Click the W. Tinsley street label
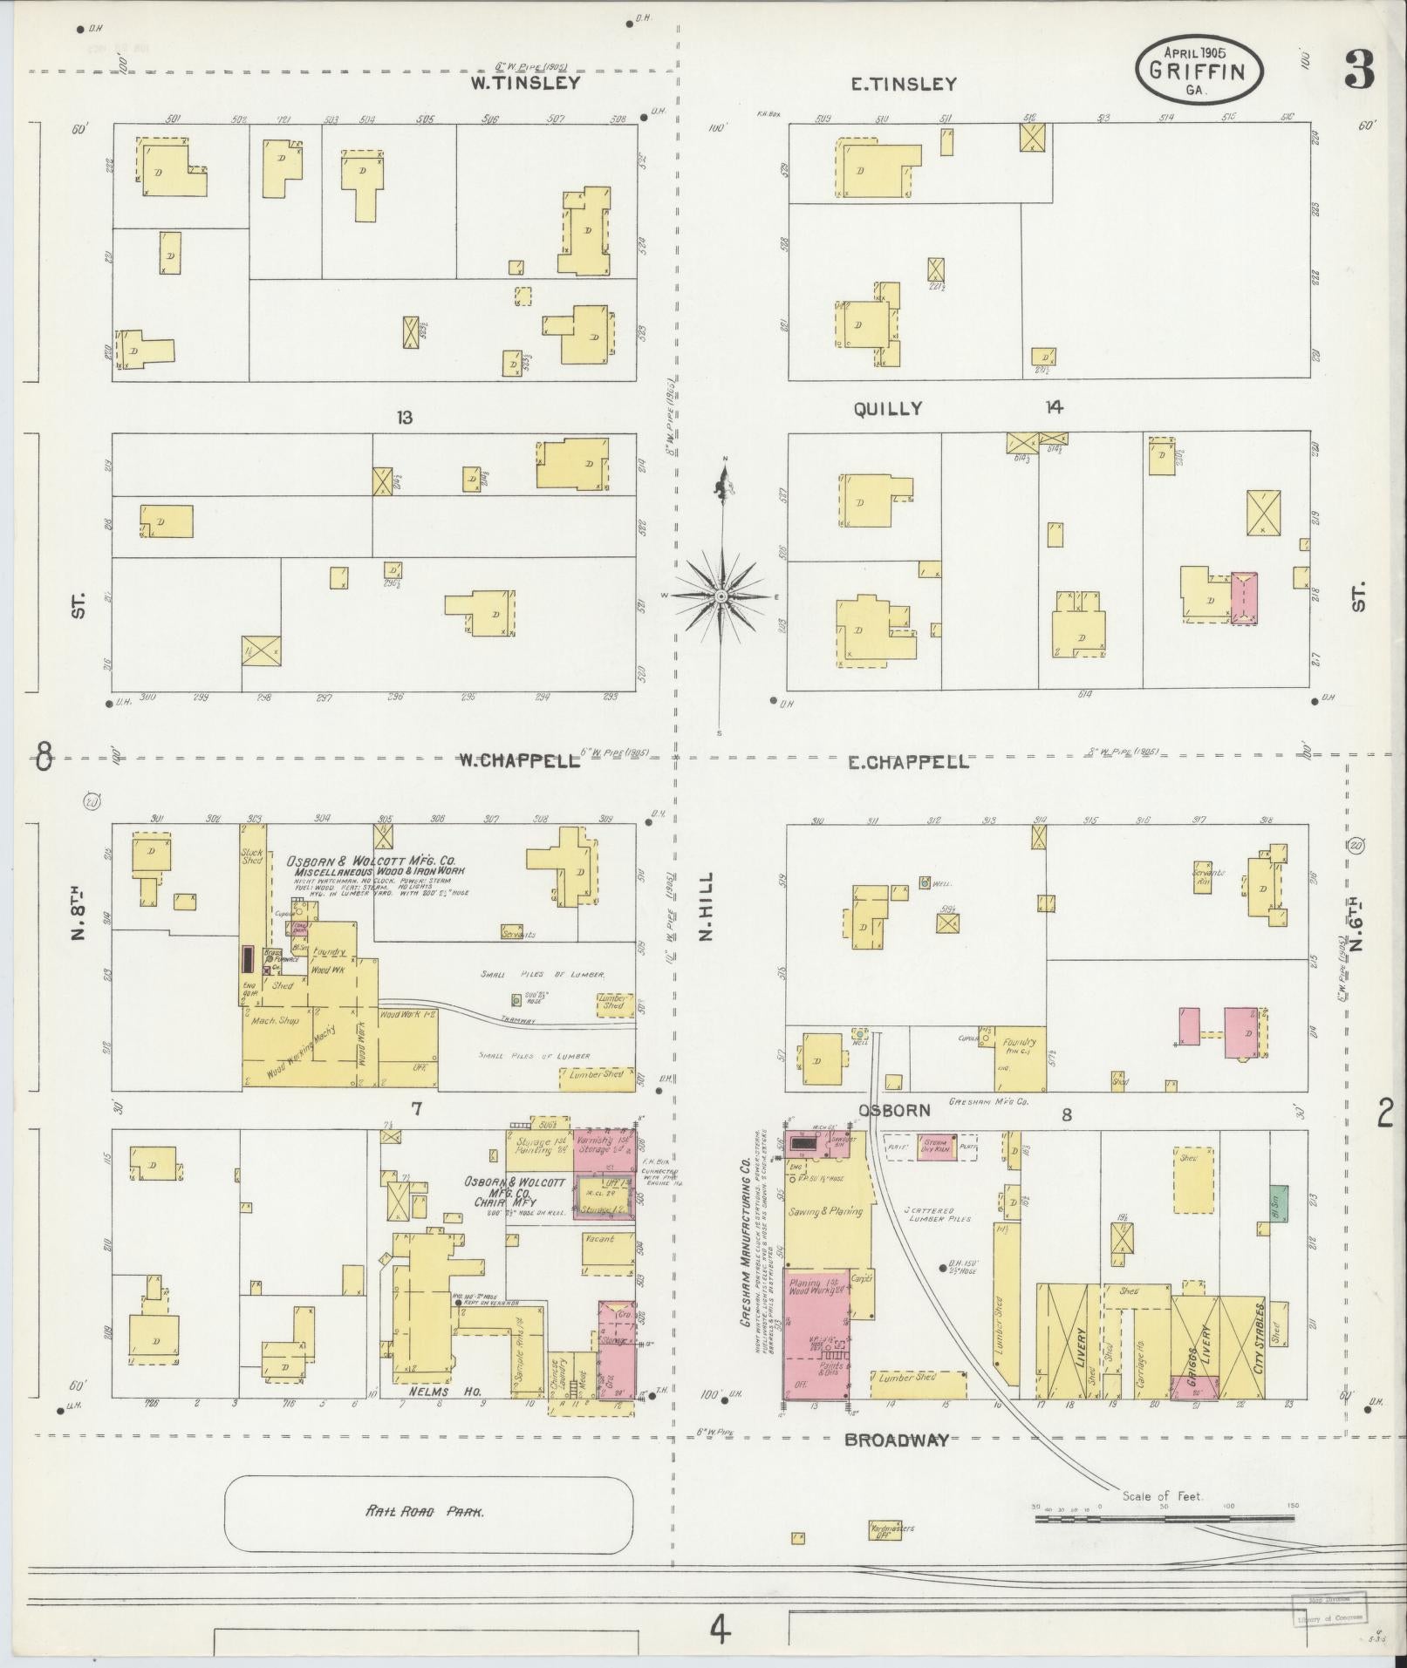tap(525, 84)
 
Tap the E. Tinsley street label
tap(904, 85)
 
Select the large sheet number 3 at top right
tap(1358, 71)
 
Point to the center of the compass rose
tap(721, 596)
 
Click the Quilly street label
tap(888, 409)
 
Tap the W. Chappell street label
tap(520, 760)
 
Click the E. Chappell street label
tap(908, 762)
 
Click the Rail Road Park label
tap(426, 1512)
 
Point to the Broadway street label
tap(896, 1440)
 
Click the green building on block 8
tap(1278, 1203)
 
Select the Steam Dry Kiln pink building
tap(936, 1146)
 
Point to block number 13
tap(403, 418)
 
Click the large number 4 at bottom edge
tap(717, 1629)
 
